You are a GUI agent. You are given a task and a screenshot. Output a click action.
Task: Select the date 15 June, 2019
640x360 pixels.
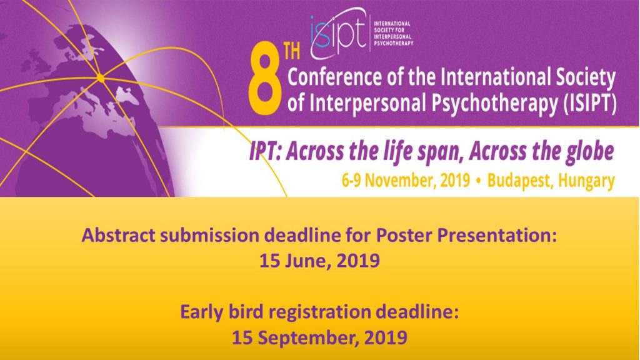coord(319,261)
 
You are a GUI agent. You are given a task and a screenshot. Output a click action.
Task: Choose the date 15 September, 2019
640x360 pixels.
coord(319,337)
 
